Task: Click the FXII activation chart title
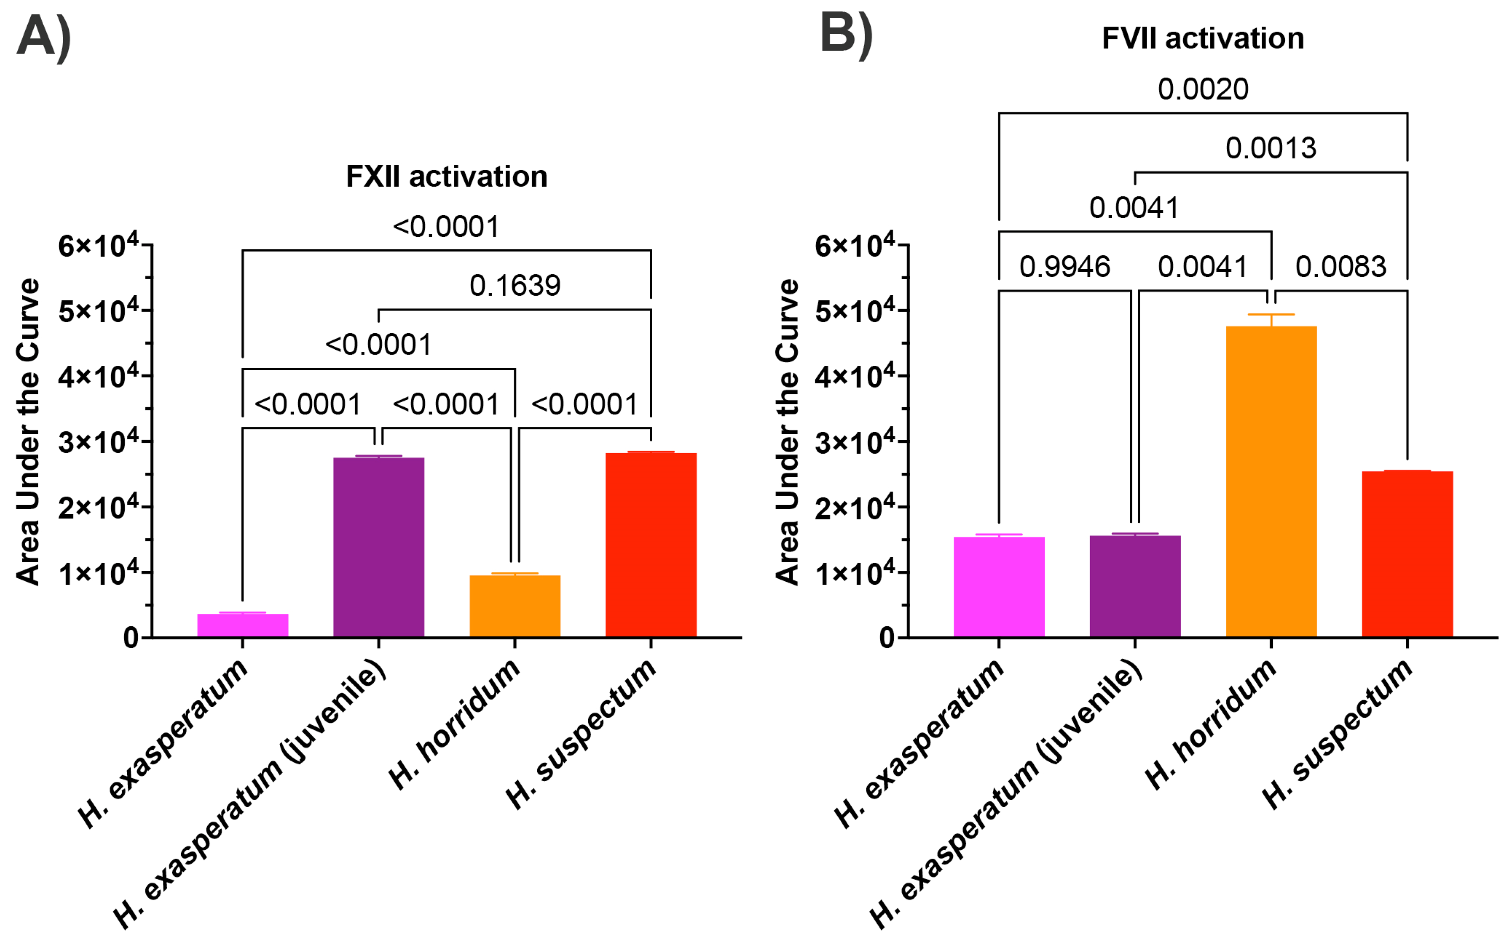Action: tap(446, 177)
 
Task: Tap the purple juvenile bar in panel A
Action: tap(378, 547)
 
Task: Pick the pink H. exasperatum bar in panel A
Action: tap(243, 625)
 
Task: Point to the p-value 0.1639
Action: tap(515, 286)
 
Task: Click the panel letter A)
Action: tap(44, 37)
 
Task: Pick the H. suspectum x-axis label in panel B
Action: tap(1338, 735)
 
